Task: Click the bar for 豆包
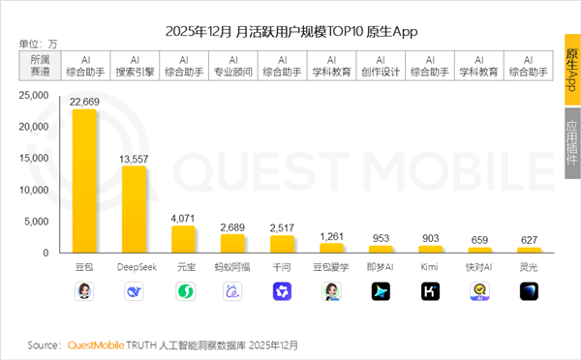point(84,181)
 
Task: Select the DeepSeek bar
point(134,209)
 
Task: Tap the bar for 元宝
point(183,239)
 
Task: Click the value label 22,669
point(84,101)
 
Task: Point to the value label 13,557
point(134,158)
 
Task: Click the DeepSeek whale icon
point(134,290)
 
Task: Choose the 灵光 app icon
point(529,290)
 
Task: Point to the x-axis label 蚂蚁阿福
point(232,265)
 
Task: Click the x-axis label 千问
point(283,265)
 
